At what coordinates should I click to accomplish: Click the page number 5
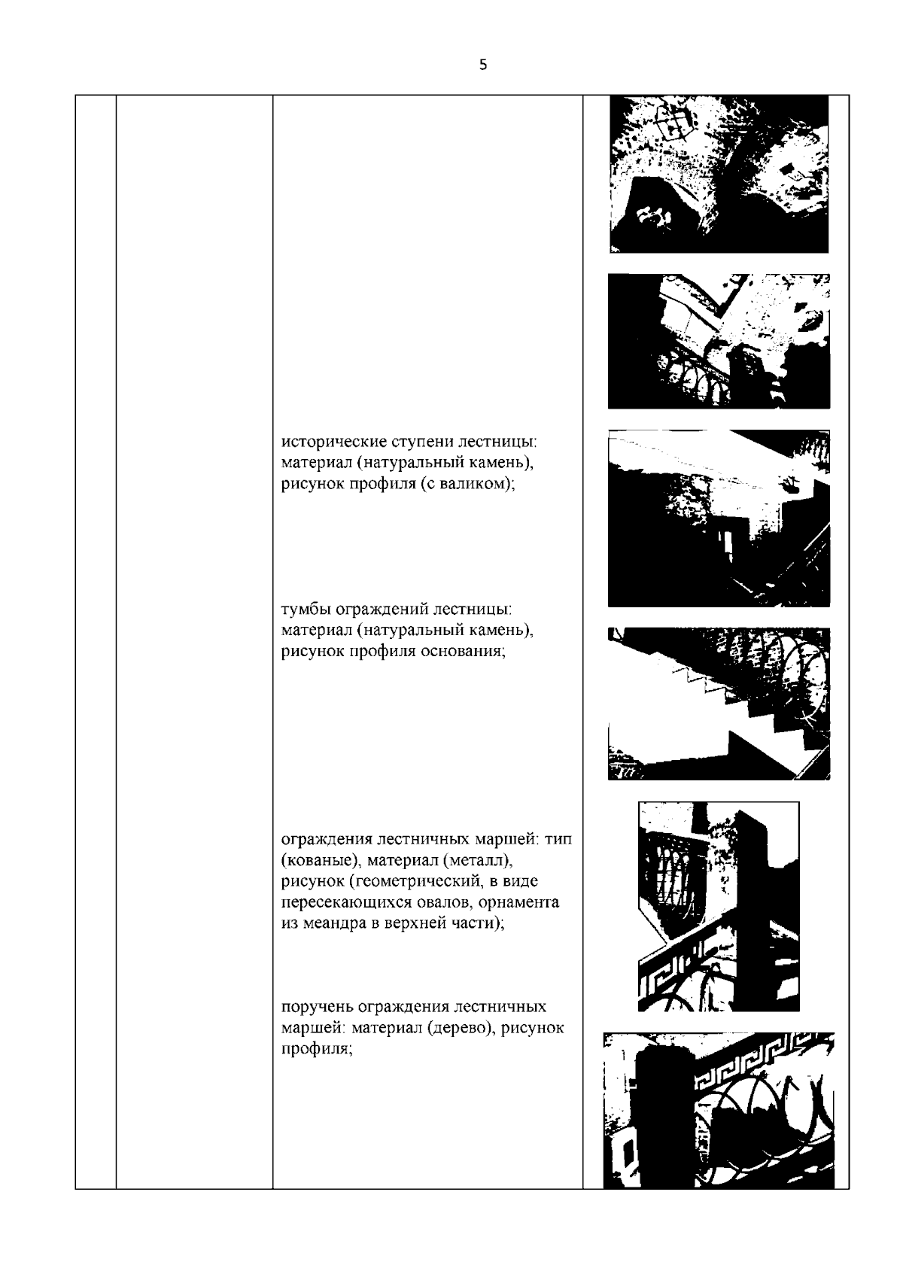pyautogui.click(x=483, y=65)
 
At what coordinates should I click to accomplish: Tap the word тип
pyautogui.click(x=558, y=839)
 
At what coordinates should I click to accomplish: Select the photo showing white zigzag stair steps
pyautogui.click(x=719, y=704)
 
